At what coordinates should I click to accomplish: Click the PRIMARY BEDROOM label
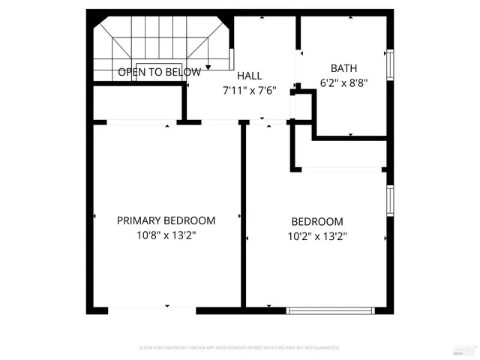click(166, 220)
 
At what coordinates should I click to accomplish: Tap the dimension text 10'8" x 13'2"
click(166, 235)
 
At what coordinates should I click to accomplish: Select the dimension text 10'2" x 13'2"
click(316, 236)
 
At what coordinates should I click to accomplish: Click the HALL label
click(249, 76)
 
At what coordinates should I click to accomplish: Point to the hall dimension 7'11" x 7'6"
click(249, 91)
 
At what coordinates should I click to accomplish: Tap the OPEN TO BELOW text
click(159, 73)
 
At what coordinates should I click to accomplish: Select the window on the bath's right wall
click(389, 64)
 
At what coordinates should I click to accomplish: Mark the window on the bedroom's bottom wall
click(330, 309)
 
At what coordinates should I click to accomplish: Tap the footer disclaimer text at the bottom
click(239, 348)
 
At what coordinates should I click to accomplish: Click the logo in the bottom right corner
click(466, 348)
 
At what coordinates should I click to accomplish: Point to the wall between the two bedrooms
click(243, 217)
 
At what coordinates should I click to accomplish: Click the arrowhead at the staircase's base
click(208, 68)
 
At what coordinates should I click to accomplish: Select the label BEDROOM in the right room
click(316, 222)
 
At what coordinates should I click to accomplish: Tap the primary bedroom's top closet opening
click(139, 121)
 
